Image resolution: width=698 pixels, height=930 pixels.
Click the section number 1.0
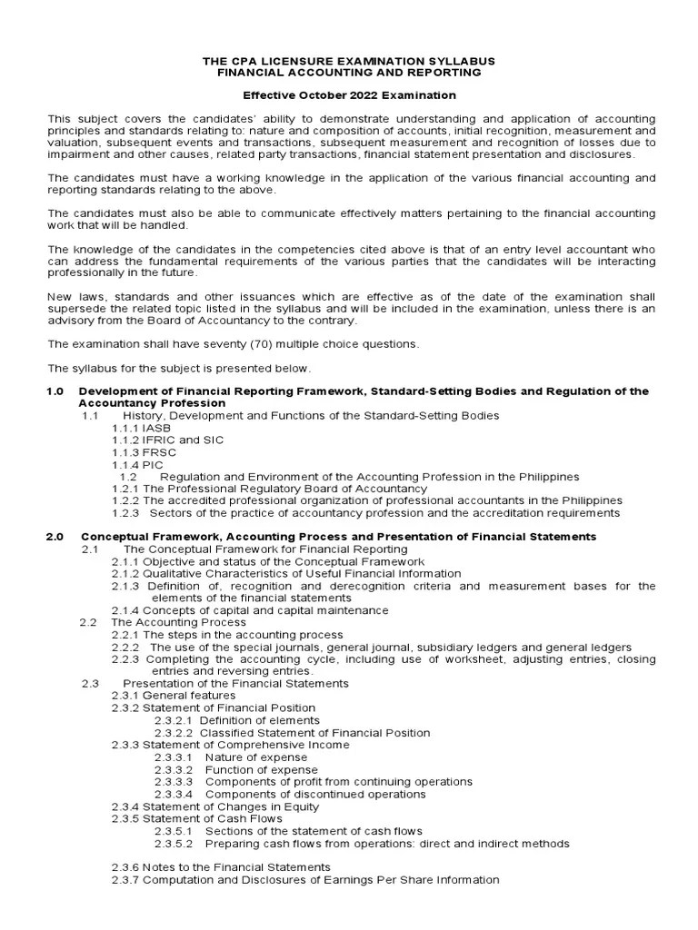[55, 391]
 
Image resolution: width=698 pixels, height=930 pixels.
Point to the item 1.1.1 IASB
[141, 428]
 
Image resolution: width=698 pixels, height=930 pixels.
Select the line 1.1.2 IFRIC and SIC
[167, 440]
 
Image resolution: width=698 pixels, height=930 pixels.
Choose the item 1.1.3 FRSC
[144, 452]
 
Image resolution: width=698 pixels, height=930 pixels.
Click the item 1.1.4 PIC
[139, 464]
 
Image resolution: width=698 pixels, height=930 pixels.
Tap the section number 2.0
[55, 537]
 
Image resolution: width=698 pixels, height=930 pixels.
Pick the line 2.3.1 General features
[174, 695]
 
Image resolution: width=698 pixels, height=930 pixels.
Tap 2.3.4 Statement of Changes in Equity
[215, 806]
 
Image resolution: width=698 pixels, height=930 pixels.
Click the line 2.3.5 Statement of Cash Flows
[197, 818]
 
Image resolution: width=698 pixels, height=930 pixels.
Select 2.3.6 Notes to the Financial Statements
[221, 867]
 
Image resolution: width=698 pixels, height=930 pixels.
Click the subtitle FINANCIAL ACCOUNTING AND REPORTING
[348, 72]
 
